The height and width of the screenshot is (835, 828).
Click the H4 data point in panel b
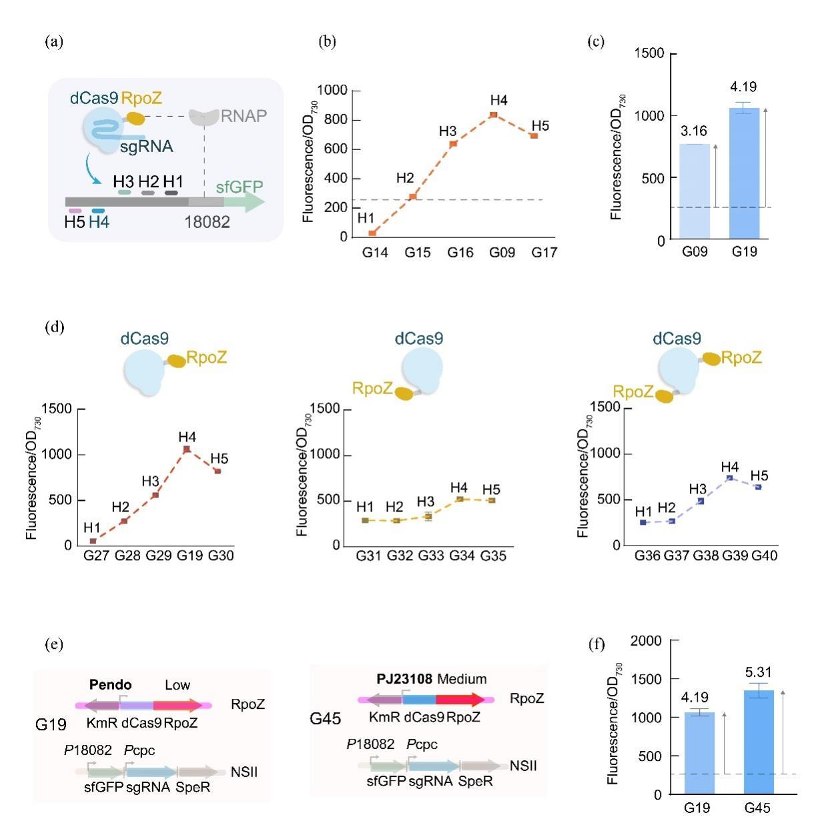point(493,115)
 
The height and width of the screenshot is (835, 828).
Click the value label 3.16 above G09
point(694,131)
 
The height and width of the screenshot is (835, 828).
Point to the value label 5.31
point(759,672)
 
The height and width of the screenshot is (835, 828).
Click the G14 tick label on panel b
point(376,253)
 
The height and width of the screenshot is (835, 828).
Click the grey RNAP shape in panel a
point(204,117)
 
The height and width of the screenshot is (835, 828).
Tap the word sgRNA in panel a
point(147,145)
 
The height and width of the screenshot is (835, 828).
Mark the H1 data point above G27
point(93,541)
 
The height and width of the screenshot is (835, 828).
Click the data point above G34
point(459,499)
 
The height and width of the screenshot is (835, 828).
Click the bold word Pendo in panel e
point(110,685)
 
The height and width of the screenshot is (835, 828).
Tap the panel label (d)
point(54,327)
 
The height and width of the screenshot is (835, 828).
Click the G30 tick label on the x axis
point(221,556)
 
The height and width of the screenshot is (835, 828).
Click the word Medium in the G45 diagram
point(462,679)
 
